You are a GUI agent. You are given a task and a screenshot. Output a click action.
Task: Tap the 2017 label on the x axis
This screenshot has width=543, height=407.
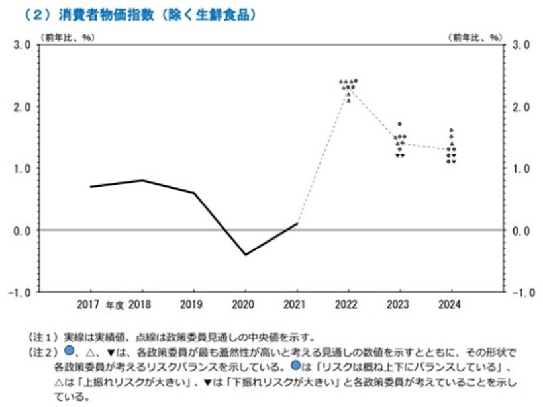(x=89, y=305)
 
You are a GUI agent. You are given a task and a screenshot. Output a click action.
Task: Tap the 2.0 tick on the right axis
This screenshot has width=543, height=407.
(x=521, y=107)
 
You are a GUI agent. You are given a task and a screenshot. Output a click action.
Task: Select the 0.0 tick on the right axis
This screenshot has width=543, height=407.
(x=521, y=230)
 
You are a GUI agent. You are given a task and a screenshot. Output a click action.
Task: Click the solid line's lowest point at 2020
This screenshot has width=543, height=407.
(x=246, y=255)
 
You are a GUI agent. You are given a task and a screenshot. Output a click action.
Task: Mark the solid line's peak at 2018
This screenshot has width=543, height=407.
(x=142, y=180)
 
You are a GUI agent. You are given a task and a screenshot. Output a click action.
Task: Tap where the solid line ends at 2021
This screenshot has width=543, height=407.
(x=297, y=224)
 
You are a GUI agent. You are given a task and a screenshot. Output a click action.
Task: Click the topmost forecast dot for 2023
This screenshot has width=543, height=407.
(x=399, y=124)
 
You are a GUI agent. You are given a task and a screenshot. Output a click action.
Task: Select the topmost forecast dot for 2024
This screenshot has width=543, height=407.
(x=451, y=130)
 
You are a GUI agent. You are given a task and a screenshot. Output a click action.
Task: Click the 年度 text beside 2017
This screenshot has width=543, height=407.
(x=115, y=306)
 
